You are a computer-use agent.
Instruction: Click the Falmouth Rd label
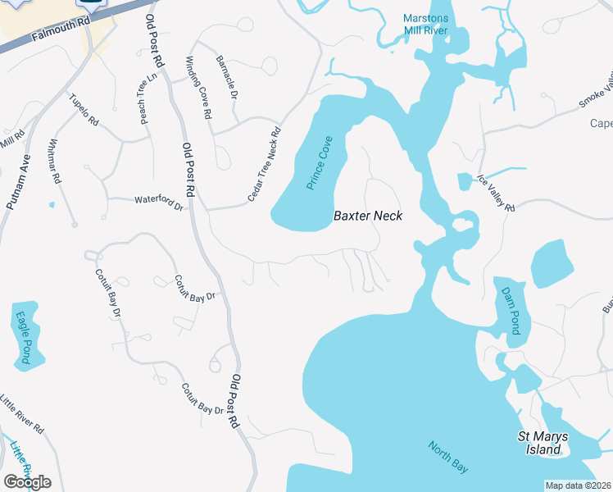coord(61,30)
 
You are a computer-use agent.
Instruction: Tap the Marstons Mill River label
coord(425,25)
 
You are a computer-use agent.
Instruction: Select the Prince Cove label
coord(320,163)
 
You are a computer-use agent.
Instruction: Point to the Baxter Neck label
coord(366,216)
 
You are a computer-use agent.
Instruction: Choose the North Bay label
coord(448,457)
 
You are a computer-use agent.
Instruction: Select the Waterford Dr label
coord(158,203)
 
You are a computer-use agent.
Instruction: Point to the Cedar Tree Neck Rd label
coord(264,165)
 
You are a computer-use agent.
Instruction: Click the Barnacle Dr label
coord(226,78)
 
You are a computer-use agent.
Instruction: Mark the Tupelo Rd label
coord(84,110)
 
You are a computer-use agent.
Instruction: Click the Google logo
coord(27,482)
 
